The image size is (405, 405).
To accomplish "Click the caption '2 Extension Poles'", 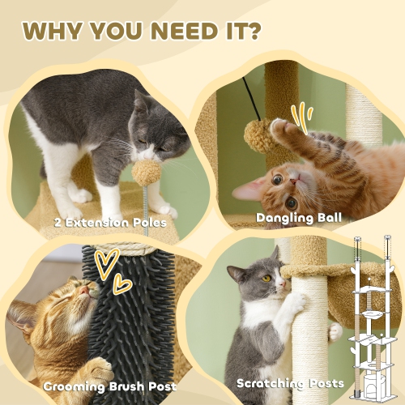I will pyautogui.click(x=111, y=221).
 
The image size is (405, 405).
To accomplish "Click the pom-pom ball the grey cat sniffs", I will pyautogui.click(x=146, y=172).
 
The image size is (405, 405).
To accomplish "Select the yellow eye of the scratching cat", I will pyautogui.click(x=267, y=278).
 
